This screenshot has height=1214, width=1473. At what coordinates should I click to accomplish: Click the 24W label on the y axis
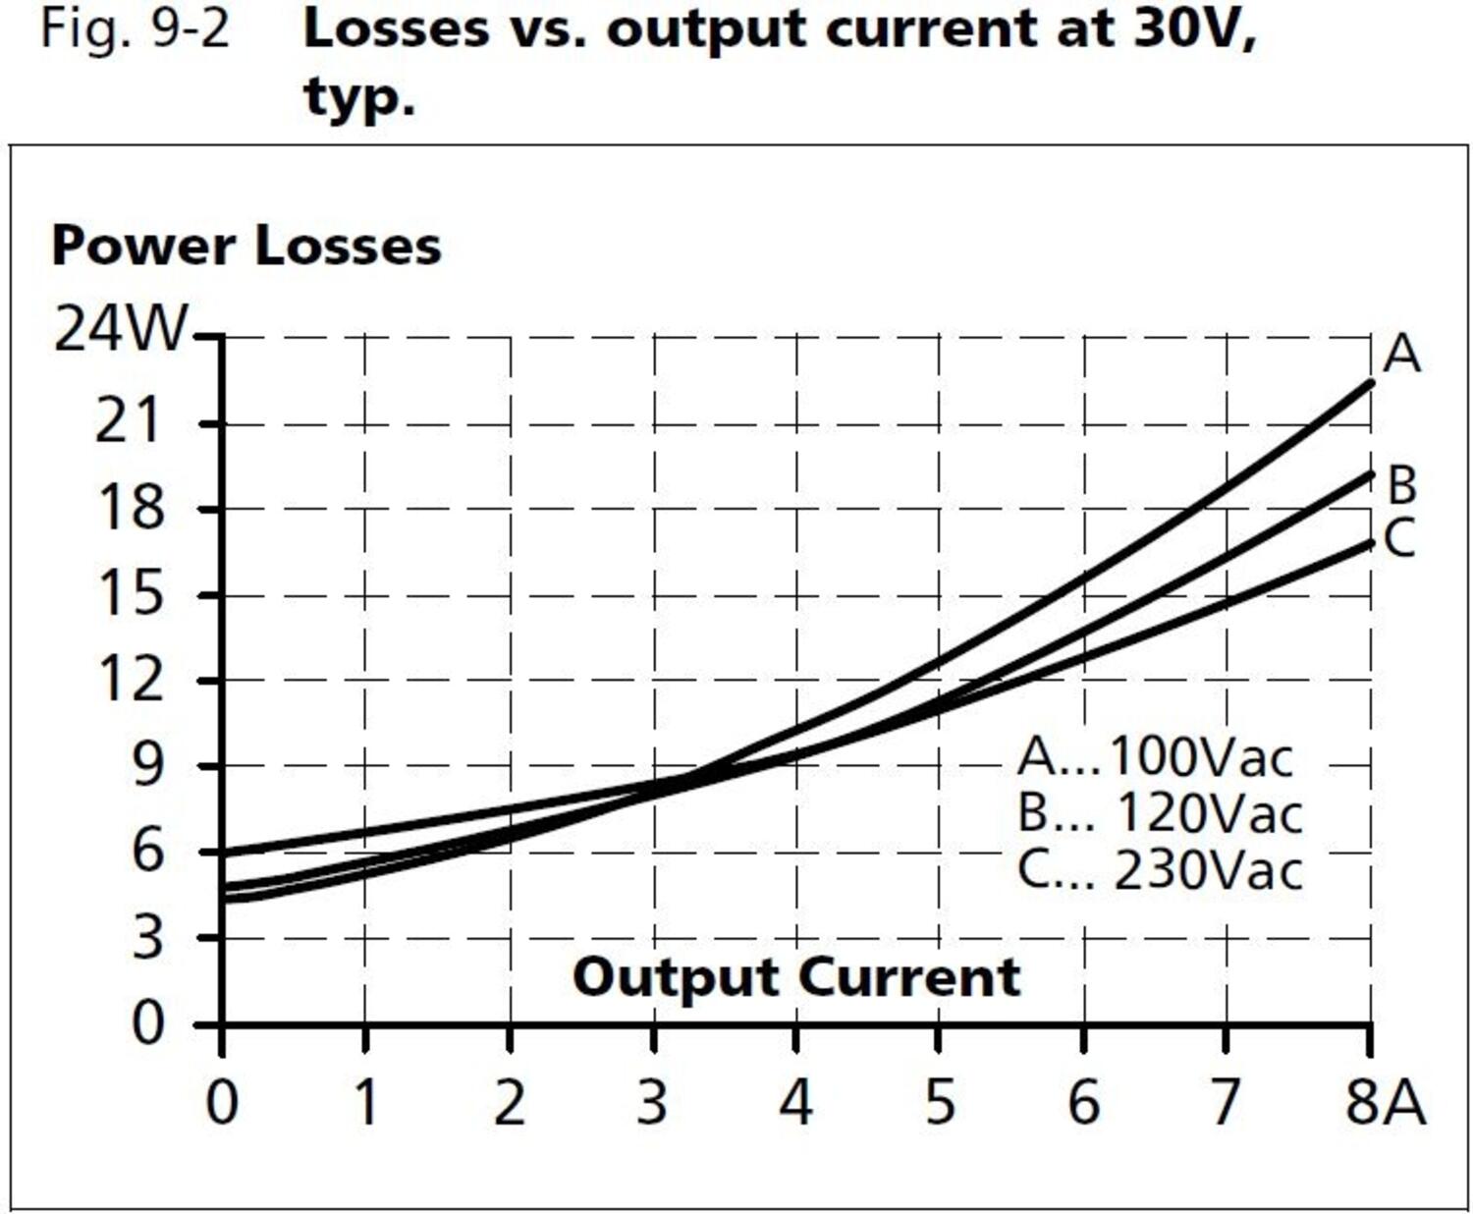tap(119, 329)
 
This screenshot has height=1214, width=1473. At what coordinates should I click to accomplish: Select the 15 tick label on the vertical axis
tap(129, 593)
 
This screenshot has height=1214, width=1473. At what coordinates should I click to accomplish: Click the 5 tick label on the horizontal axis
tap(940, 1102)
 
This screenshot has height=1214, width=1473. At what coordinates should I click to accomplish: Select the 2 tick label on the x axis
tap(509, 1102)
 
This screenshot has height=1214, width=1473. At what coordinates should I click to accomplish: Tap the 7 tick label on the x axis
tap(1225, 1102)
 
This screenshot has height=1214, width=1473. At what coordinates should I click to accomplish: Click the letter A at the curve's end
tap(1401, 354)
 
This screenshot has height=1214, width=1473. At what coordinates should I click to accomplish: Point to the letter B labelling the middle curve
tap(1402, 485)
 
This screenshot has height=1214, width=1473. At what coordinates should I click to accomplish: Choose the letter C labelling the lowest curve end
tap(1399, 538)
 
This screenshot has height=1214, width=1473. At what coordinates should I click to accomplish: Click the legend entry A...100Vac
tap(1156, 756)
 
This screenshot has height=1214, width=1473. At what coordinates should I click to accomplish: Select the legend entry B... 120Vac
tap(1160, 813)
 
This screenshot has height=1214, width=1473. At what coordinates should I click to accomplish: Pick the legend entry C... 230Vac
tap(1160, 870)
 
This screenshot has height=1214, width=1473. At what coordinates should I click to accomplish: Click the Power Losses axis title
tap(245, 246)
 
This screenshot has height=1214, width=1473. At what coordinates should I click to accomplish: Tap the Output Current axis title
tap(796, 977)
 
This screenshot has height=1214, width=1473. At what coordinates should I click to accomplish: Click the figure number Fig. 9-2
tap(135, 29)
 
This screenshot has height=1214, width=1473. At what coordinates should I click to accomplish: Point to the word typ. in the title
tap(359, 96)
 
